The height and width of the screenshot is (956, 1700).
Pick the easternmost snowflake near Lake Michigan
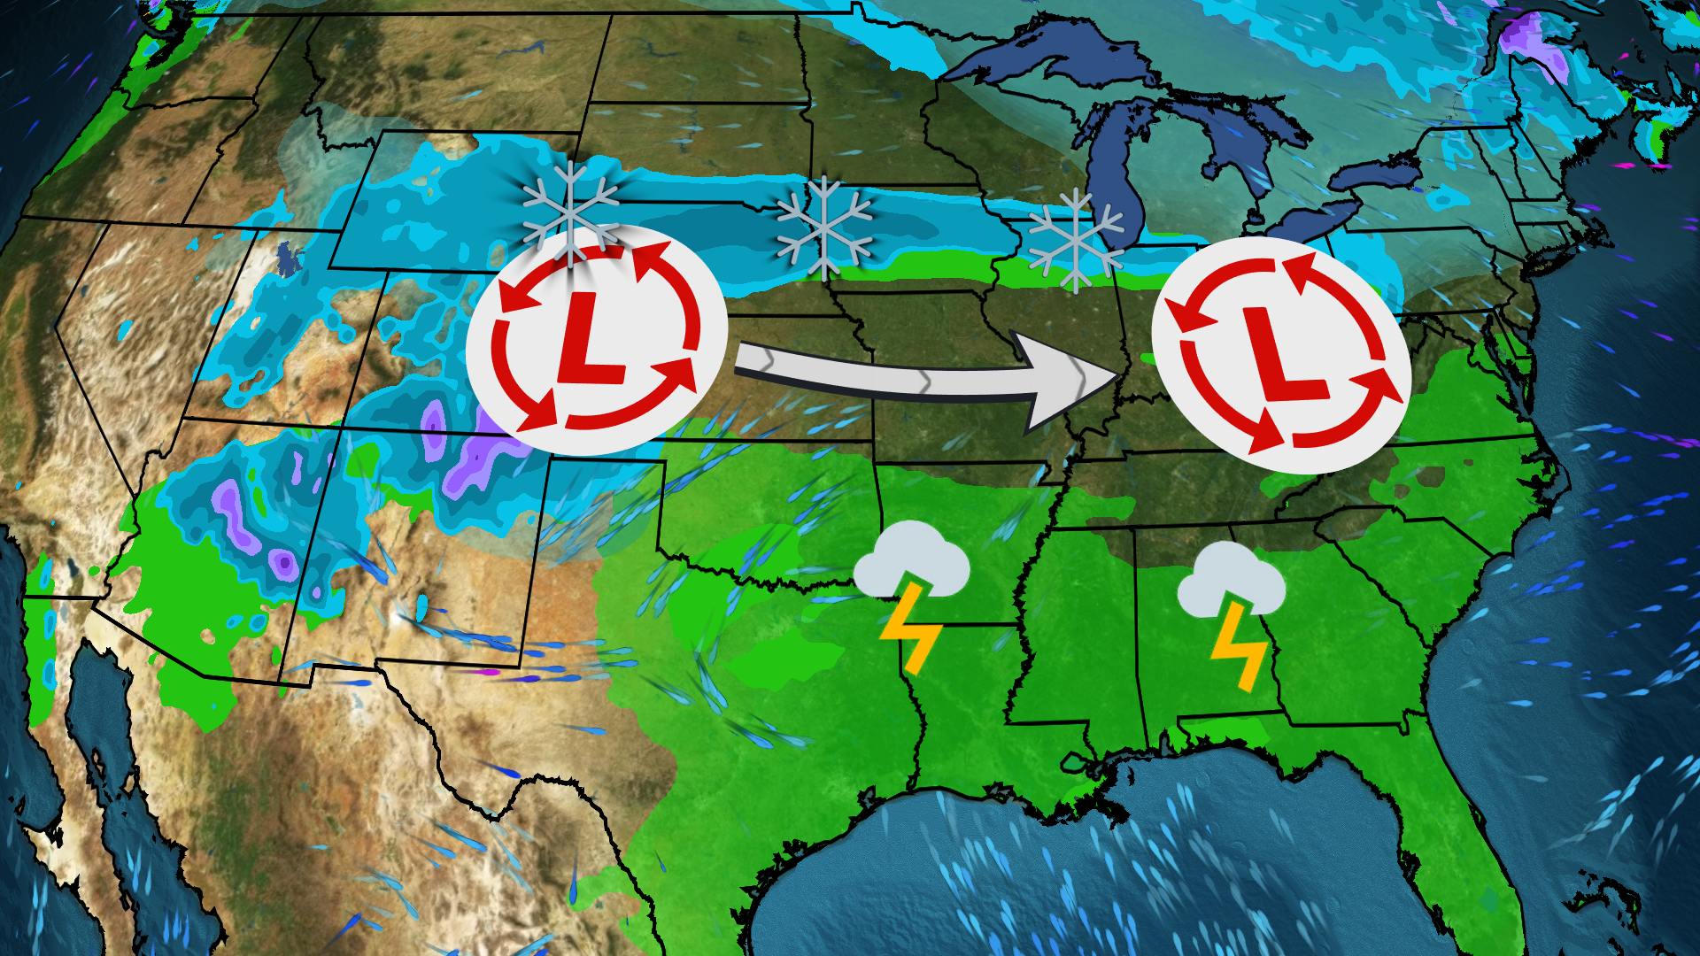[x=1075, y=240]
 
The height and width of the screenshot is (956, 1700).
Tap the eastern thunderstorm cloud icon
[x=1231, y=580]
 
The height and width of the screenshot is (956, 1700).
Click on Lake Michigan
[x=1111, y=177]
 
